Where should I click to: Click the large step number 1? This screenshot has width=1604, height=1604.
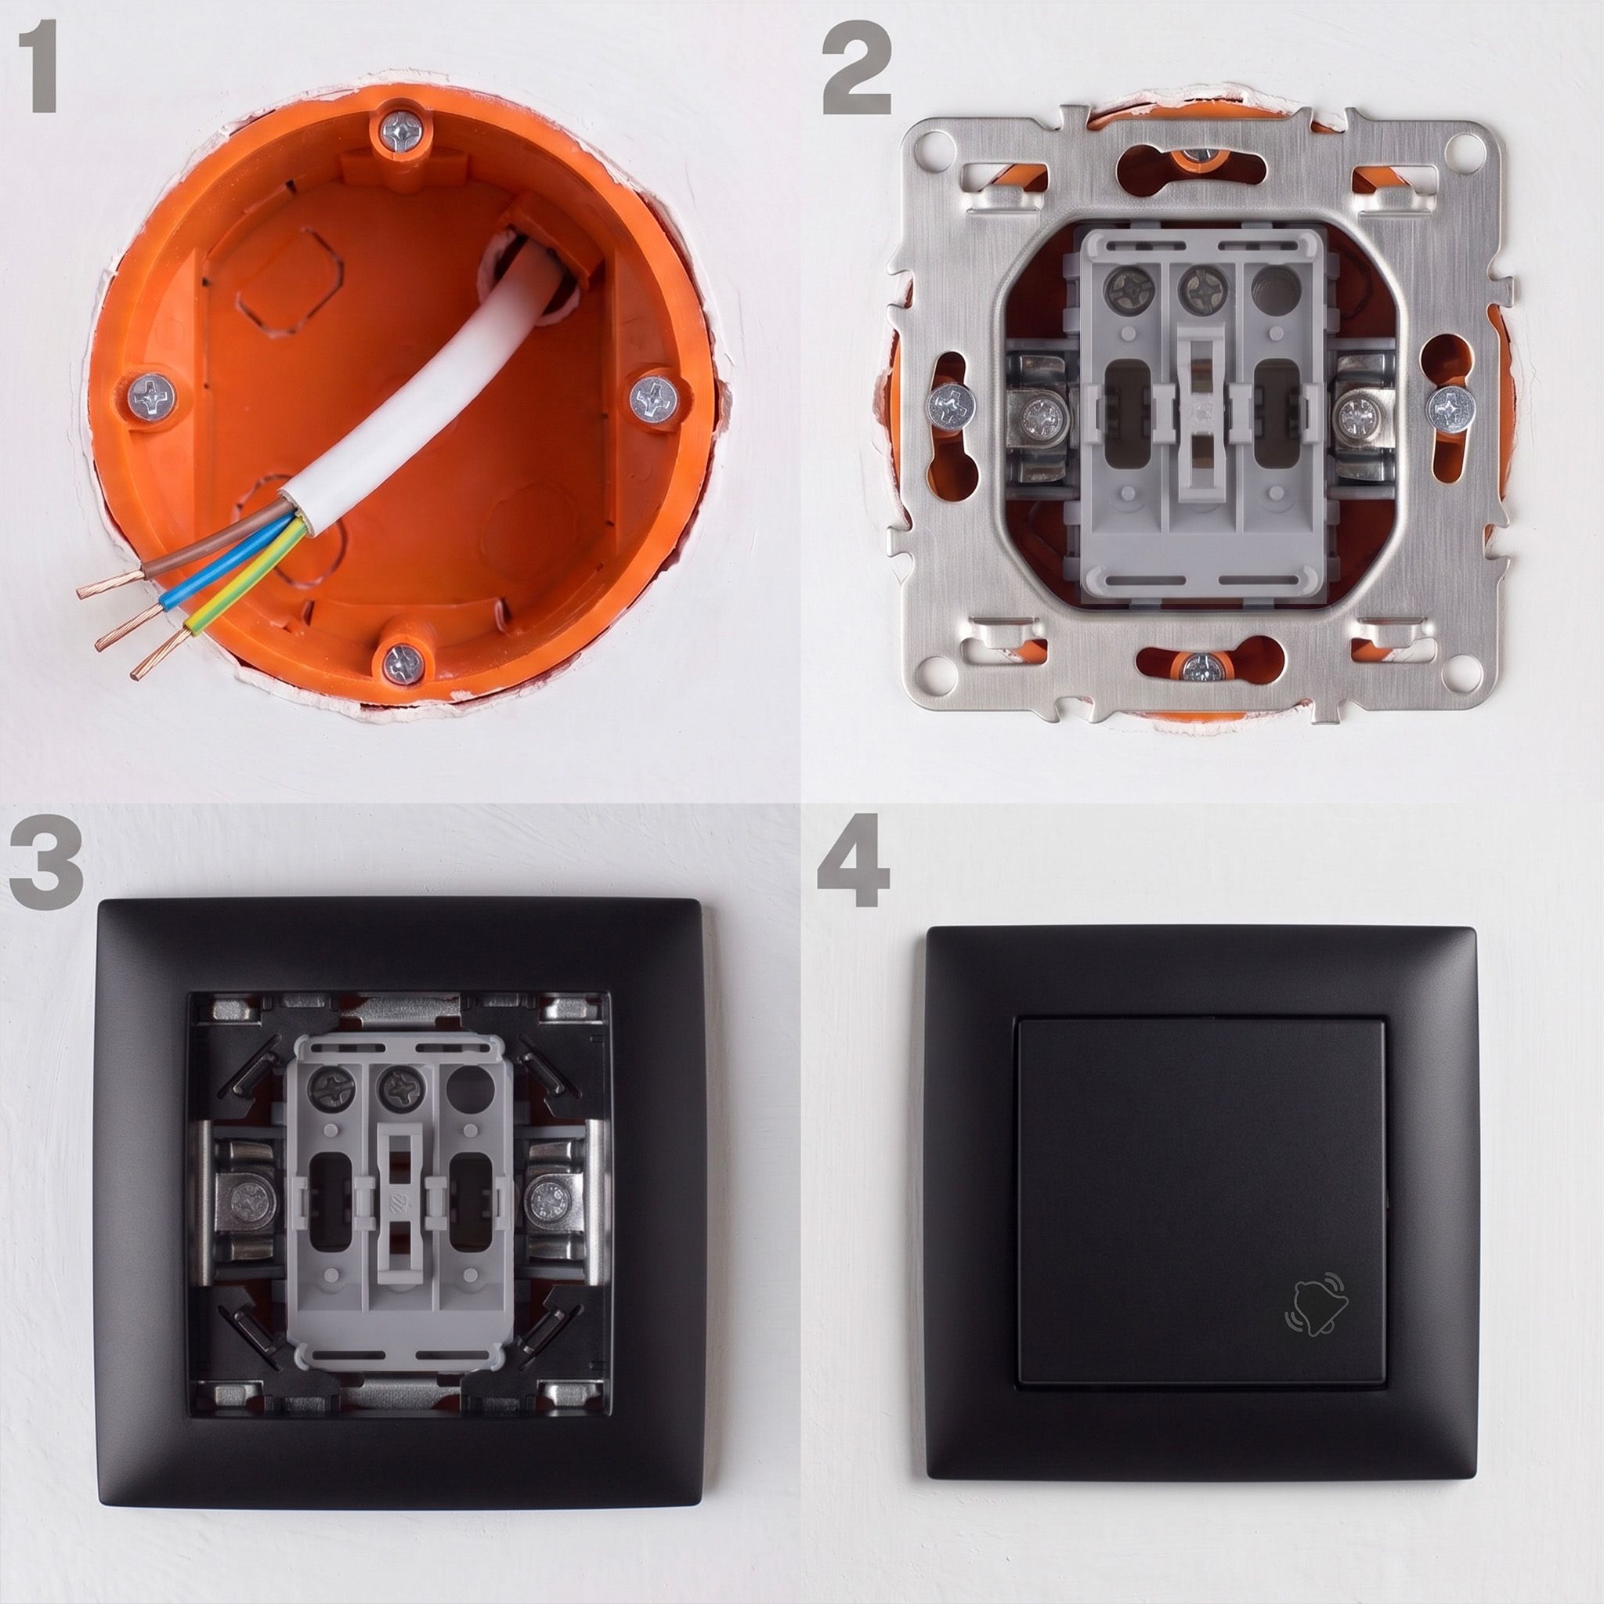38,67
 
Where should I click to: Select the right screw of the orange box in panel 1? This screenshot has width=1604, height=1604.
653,399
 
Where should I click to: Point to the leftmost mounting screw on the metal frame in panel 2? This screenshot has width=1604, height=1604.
952,406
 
